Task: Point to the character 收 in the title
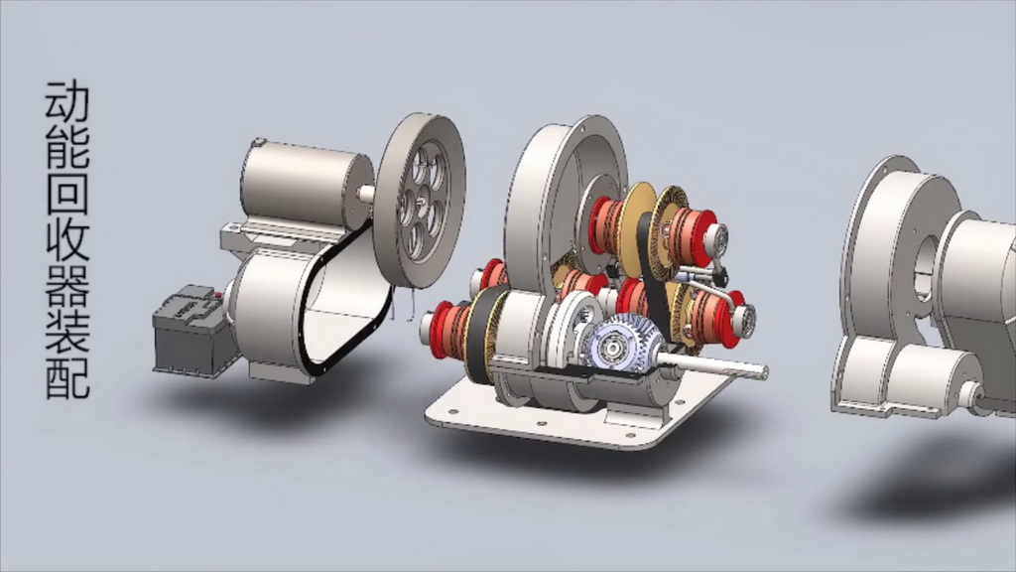(67, 238)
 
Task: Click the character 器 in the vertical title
(67, 285)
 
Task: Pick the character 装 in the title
(67, 332)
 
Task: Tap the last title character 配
(67, 378)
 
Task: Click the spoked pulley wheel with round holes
(421, 200)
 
